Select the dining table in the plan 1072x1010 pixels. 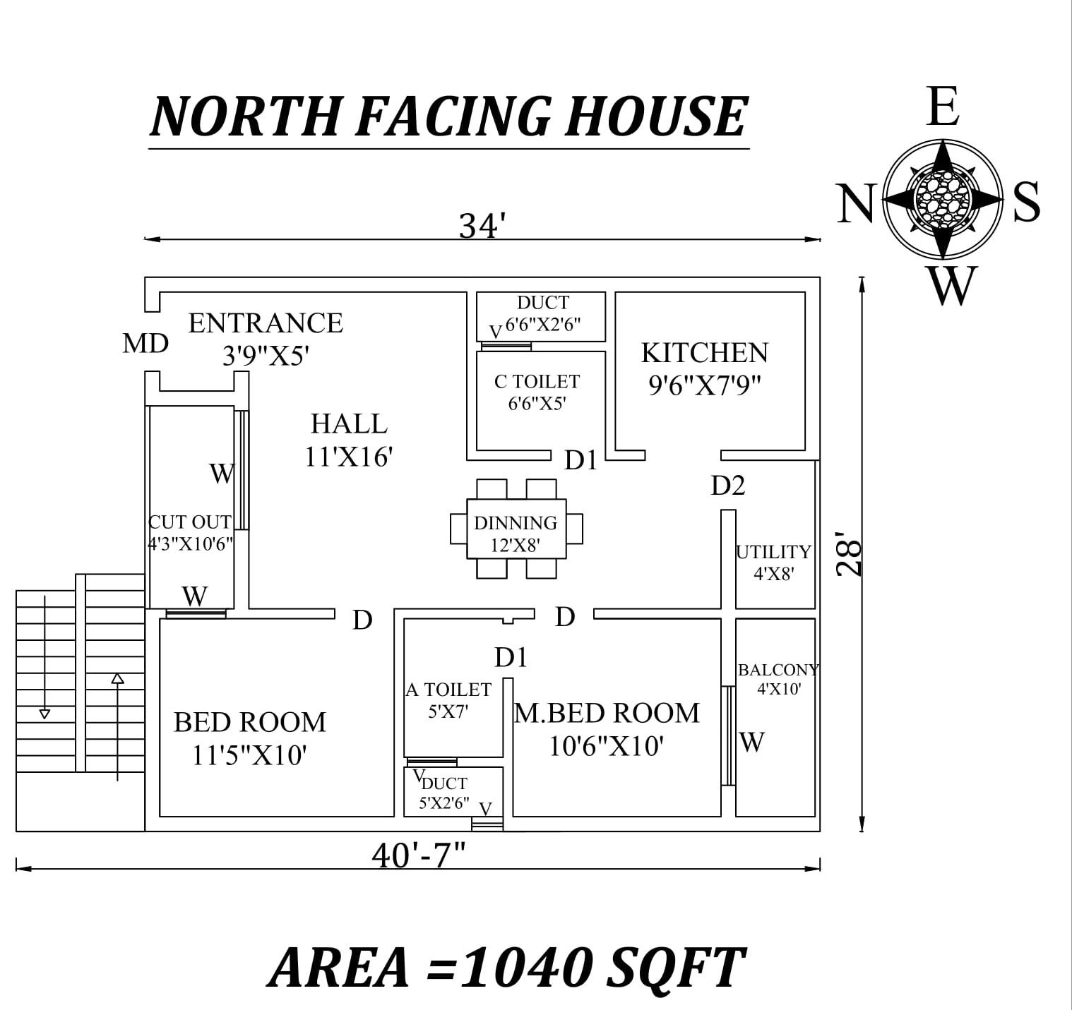coord(516,529)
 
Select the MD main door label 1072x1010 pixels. coord(145,344)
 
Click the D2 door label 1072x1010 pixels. coord(728,486)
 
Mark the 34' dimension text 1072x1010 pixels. coord(483,227)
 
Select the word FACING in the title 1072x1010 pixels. coord(452,116)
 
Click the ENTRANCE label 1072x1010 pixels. coord(266,323)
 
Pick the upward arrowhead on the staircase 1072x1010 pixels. coord(118,678)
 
